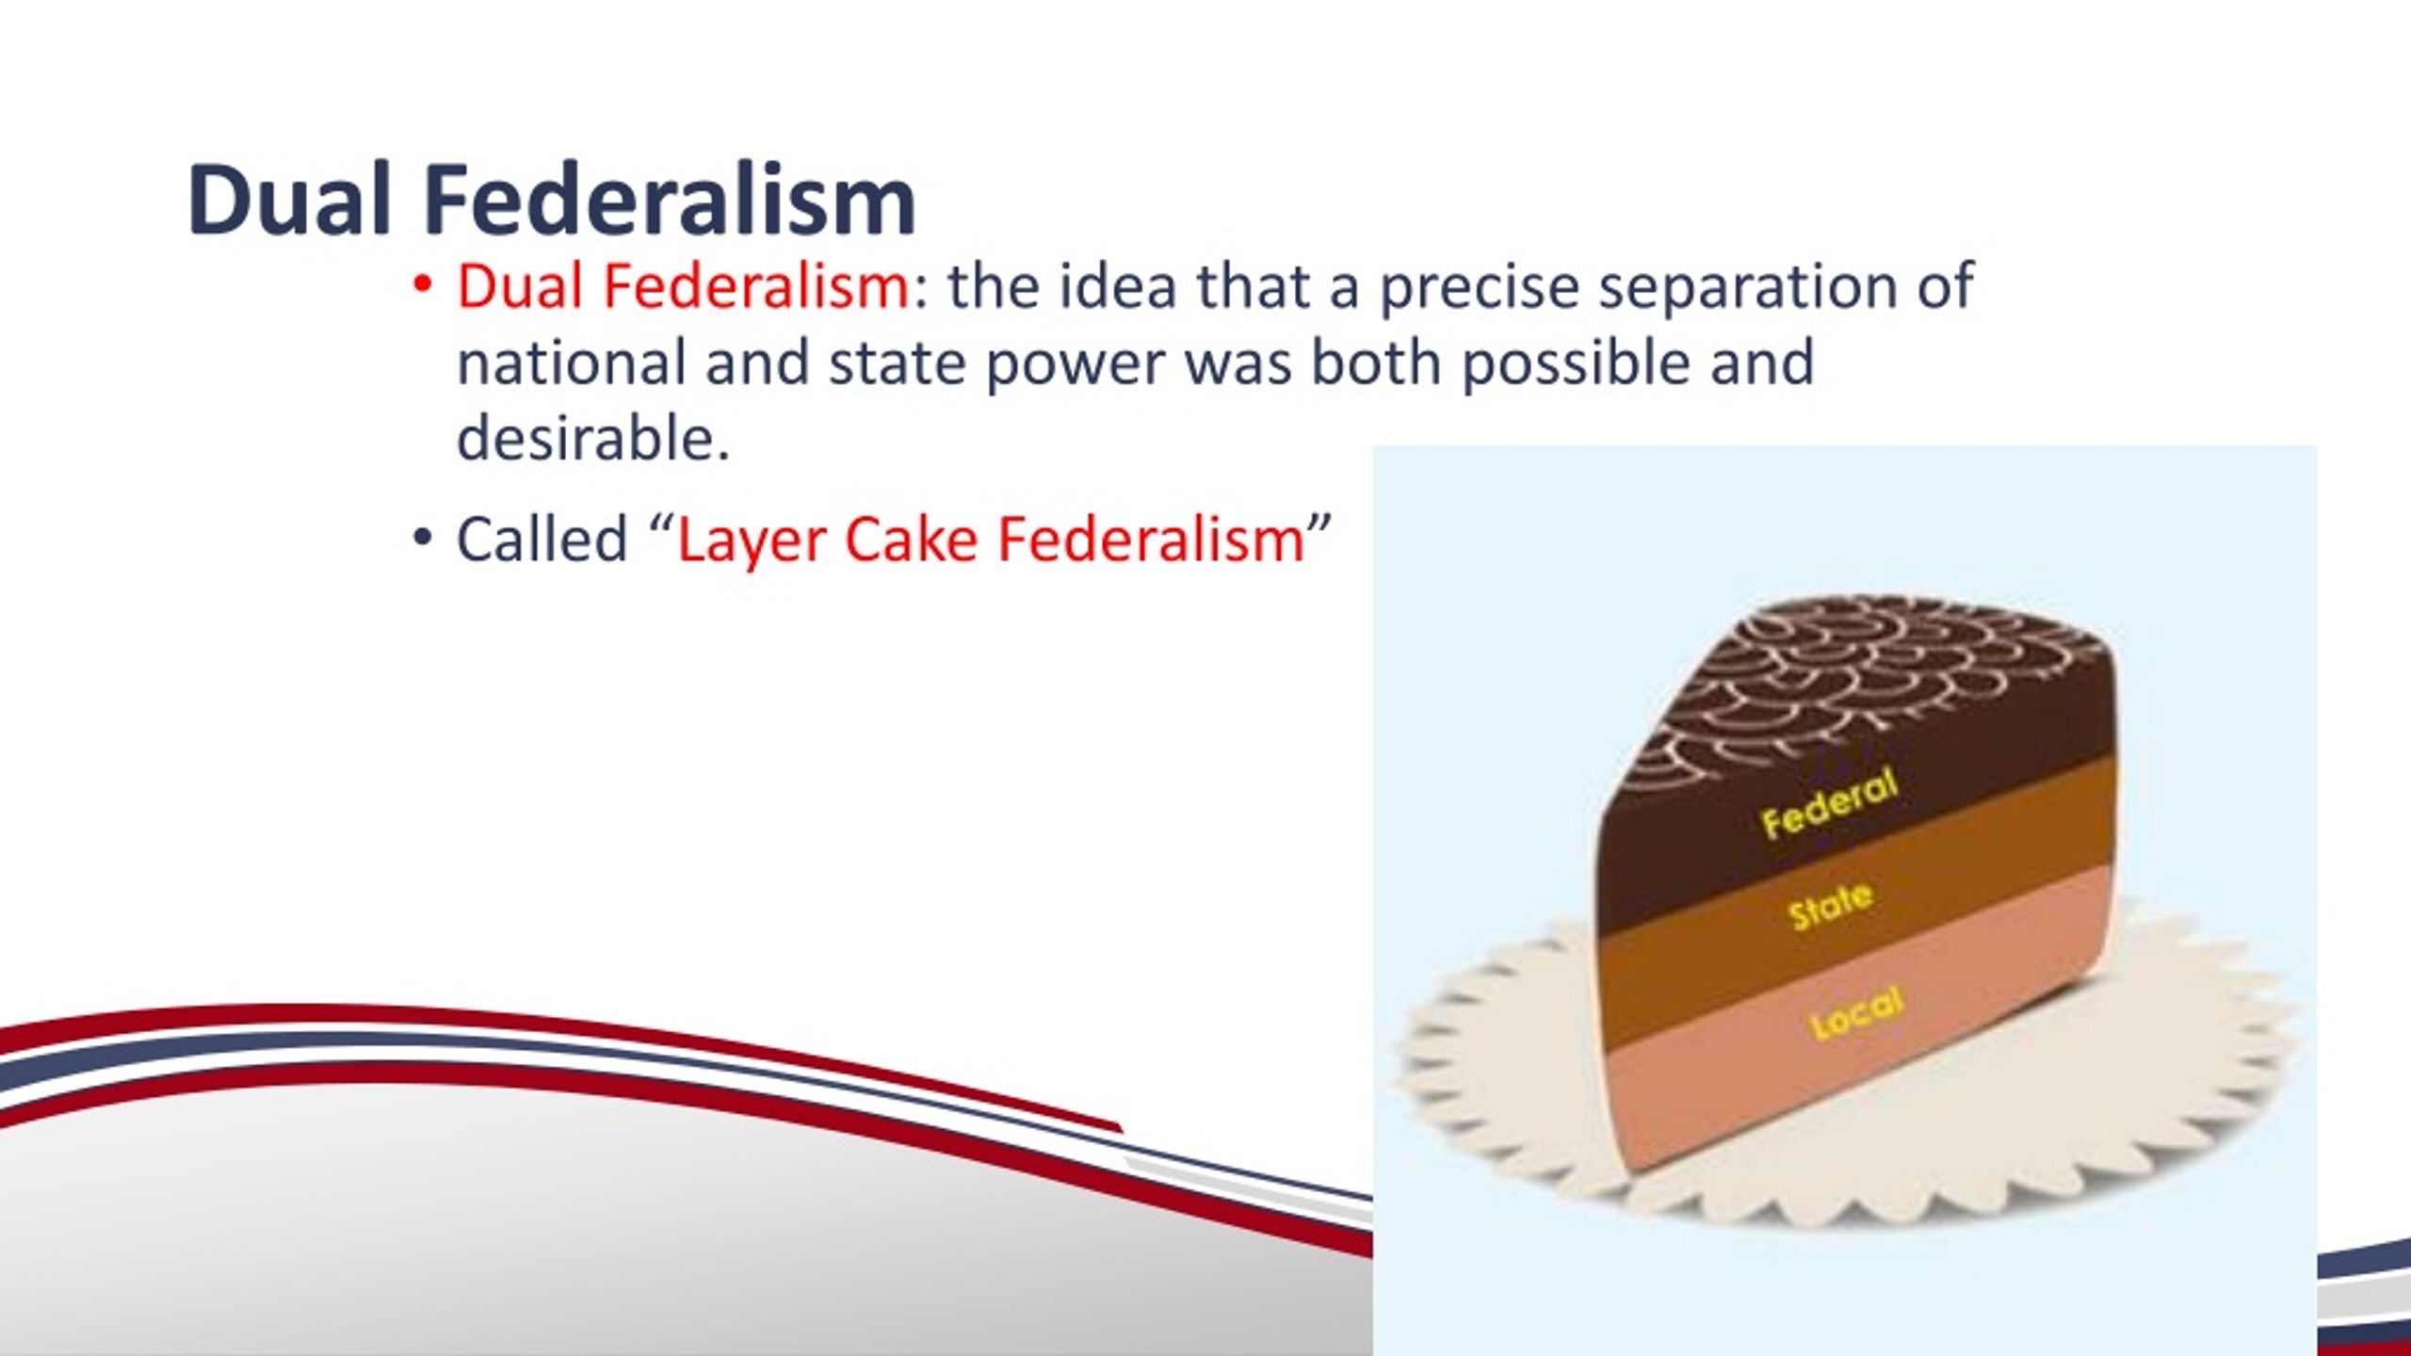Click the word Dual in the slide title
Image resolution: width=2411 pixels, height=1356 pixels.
coord(289,200)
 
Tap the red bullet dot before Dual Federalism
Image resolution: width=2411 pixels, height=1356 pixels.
coord(421,285)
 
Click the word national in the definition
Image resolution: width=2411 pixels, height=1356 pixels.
coord(571,363)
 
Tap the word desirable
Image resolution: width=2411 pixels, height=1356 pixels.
coord(593,439)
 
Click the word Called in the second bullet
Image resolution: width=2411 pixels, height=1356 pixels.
coord(542,540)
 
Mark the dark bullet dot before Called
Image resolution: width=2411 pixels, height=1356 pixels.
coord(421,539)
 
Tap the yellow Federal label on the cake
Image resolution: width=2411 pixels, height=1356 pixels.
coord(1830,803)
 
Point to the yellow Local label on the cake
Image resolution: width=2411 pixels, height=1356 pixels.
coord(1857,1012)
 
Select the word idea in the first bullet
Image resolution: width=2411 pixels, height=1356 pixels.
coord(1118,286)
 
